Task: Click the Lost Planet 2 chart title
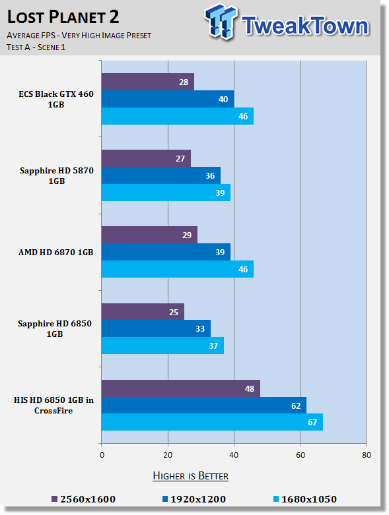pyautogui.click(x=63, y=17)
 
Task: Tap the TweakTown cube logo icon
pyautogui.click(x=221, y=22)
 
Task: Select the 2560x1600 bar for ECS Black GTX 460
pyautogui.click(x=148, y=82)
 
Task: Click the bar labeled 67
pyautogui.click(x=212, y=422)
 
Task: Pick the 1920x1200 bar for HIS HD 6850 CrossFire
pyautogui.click(x=204, y=406)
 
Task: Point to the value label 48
pyautogui.click(x=250, y=389)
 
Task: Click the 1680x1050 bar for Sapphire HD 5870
pyautogui.click(x=166, y=193)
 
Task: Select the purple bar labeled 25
pyautogui.click(x=143, y=312)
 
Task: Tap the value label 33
pyautogui.click(x=200, y=329)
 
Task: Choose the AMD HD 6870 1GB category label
pyautogui.click(x=56, y=253)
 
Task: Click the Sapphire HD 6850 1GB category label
pyautogui.click(x=55, y=328)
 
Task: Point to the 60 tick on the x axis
pyautogui.click(x=301, y=455)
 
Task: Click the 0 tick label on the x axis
pyautogui.click(x=102, y=455)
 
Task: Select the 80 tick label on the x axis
pyautogui.click(x=367, y=455)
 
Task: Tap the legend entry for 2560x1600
pyautogui.click(x=84, y=499)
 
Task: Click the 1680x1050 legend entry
pyautogui.click(x=305, y=499)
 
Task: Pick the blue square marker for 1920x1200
pyautogui.click(x=165, y=499)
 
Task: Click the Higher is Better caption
pyautogui.click(x=191, y=476)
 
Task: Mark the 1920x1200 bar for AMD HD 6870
pyautogui.click(x=166, y=252)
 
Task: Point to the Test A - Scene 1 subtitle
pyautogui.click(x=36, y=47)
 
